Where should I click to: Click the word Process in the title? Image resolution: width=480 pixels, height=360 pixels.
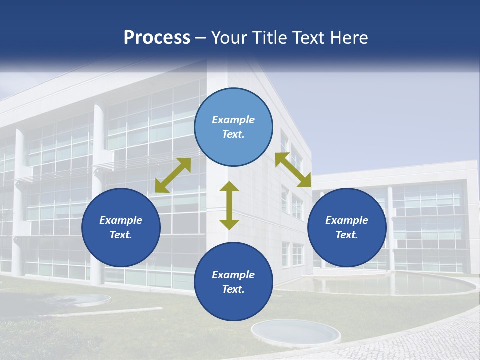157,38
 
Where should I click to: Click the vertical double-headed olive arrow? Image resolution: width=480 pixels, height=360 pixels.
229,205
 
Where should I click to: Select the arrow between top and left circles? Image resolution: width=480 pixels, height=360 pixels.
173,175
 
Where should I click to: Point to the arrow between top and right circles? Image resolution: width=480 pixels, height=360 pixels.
293,170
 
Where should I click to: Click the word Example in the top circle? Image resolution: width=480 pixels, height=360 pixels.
233,120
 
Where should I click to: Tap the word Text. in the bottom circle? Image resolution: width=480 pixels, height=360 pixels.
233,289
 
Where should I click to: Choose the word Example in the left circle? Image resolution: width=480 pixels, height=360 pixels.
121,220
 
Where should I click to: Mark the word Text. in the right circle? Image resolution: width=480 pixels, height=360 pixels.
347,235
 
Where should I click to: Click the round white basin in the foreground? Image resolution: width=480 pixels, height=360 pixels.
295,331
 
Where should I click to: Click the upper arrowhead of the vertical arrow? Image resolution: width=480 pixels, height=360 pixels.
229,187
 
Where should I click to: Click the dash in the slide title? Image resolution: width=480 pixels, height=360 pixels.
201,38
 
